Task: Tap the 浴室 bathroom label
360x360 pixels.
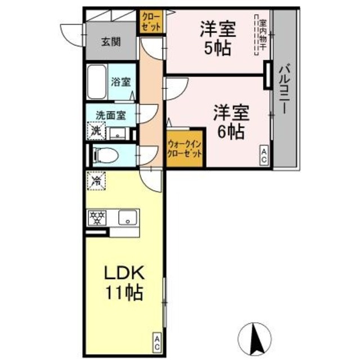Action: tap(120, 82)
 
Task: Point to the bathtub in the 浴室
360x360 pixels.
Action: tap(96, 83)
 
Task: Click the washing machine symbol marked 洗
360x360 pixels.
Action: tap(97, 132)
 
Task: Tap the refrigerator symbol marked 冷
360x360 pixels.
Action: tap(96, 181)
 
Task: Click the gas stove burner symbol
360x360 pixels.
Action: tap(97, 218)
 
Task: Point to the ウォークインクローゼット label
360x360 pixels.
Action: tap(184, 150)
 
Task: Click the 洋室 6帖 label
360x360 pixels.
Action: tap(231, 122)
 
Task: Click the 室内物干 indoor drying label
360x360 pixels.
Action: tap(262, 37)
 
